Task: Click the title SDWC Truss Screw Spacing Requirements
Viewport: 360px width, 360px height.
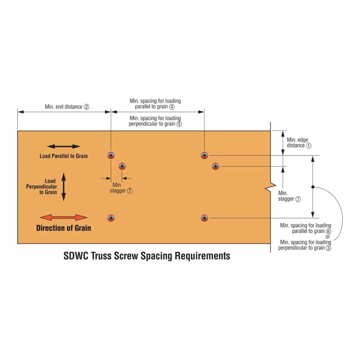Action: coord(147,256)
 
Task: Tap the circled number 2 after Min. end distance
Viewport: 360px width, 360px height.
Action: coord(86,107)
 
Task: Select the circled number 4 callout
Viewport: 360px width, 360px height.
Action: coord(172,107)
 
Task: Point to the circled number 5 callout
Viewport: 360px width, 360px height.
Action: coord(179,124)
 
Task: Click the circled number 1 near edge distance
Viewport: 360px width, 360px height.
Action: coord(309,145)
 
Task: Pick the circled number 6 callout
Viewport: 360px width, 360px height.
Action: coord(328,231)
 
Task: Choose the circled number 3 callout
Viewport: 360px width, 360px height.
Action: coord(328,248)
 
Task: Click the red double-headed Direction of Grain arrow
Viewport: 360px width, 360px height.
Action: coord(63,218)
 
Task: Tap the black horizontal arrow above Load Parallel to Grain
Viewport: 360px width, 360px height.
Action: coord(63,146)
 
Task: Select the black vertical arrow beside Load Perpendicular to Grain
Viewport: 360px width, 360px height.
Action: coord(63,187)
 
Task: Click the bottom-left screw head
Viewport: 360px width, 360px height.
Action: coord(111,218)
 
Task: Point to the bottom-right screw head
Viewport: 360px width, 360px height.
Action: coord(204,218)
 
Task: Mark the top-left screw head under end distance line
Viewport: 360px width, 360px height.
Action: coord(111,155)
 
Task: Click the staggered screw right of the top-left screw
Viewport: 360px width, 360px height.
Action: coord(122,166)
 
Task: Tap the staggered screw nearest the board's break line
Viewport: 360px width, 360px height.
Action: coord(216,166)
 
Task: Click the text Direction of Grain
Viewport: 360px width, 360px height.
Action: coord(63,228)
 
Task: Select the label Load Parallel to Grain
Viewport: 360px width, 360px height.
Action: coord(63,156)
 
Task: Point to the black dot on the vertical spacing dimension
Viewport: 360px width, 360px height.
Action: coord(313,187)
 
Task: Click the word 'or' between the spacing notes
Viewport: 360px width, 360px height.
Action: coord(327,237)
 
